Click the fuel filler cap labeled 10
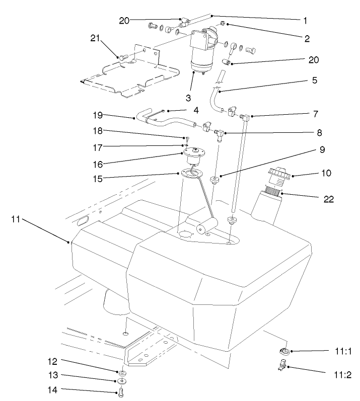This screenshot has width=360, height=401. click(x=277, y=177)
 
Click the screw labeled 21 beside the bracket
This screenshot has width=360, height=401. click(x=122, y=58)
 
